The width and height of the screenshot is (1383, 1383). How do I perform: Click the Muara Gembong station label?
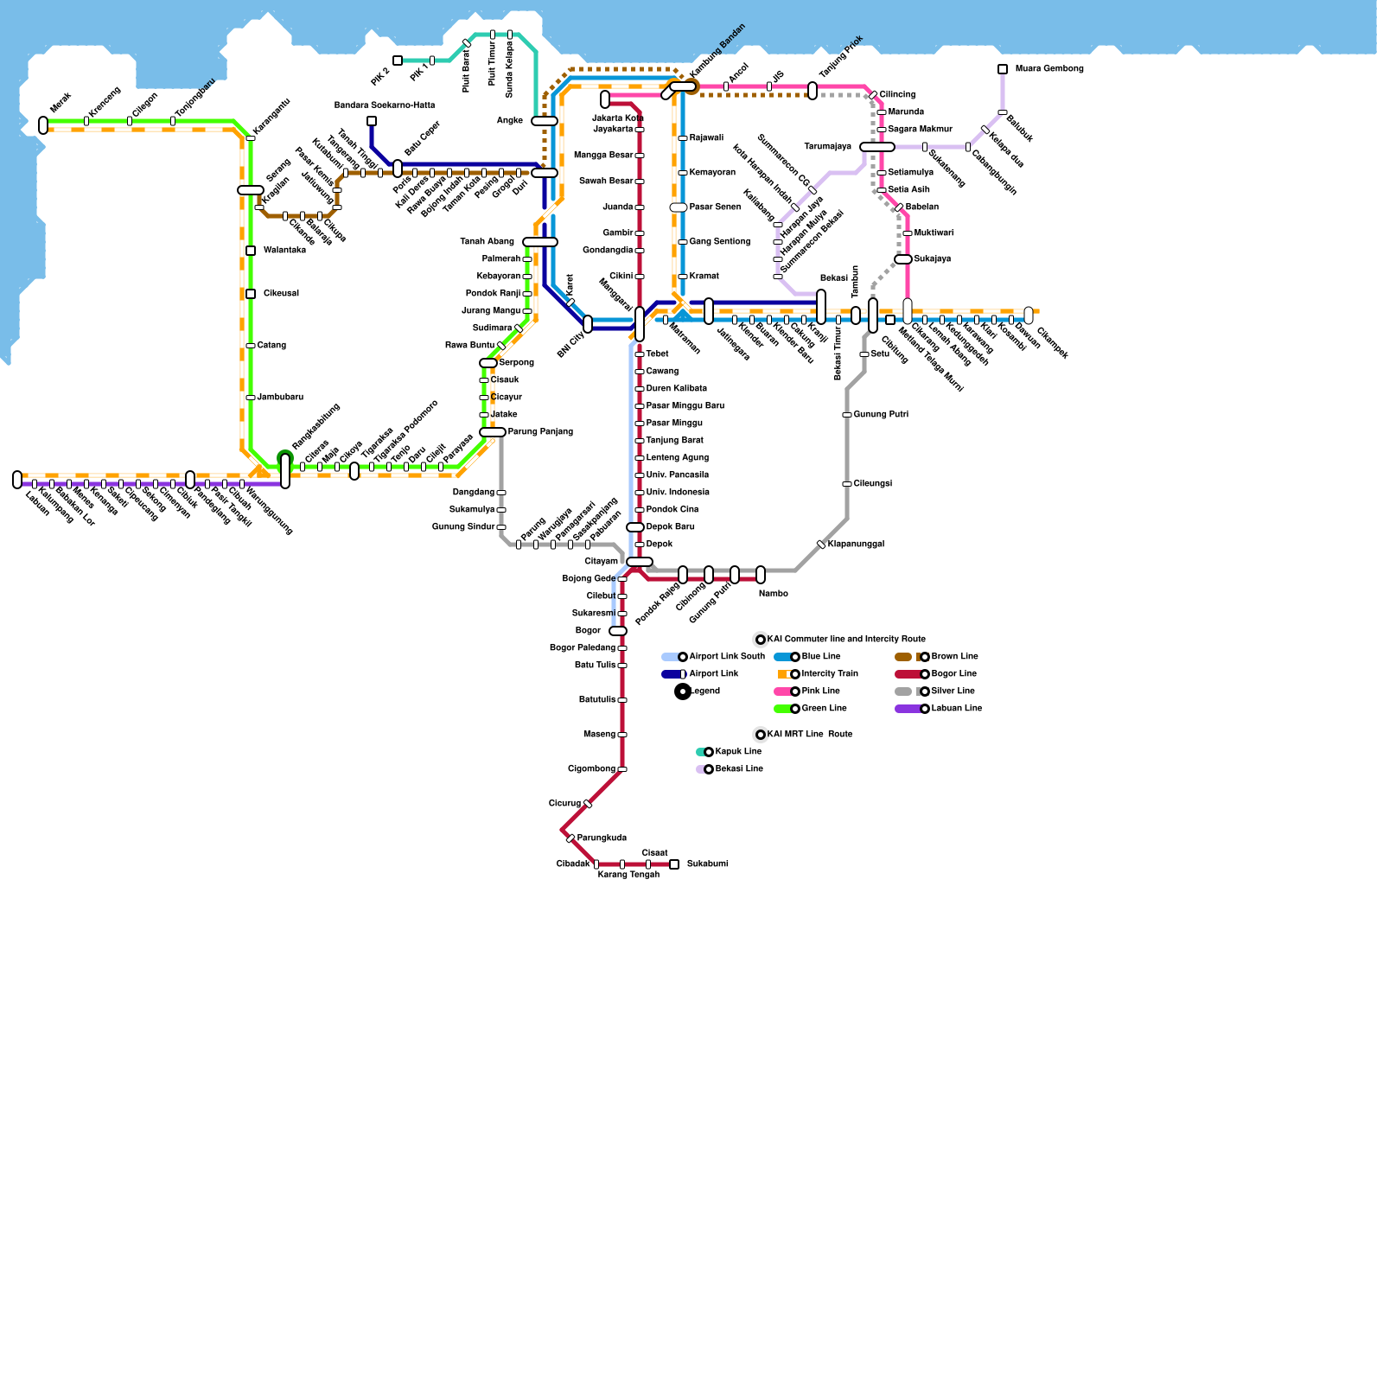coord(1048,69)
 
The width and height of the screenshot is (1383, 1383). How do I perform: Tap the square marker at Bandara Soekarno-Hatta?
coord(372,121)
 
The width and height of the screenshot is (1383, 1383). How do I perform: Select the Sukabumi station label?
coord(707,864)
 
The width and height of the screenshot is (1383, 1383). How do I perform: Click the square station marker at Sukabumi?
coord(674,864)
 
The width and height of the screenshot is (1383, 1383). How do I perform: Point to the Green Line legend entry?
coord(824,709)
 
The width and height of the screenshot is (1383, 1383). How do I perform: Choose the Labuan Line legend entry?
coord(956,709)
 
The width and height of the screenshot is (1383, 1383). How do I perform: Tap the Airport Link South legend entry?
coord(726,657)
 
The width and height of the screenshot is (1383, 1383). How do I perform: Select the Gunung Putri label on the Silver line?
coord(880,415)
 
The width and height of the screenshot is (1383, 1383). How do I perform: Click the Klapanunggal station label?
coord(855,545)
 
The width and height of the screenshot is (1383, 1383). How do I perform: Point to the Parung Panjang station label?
coord(539,432)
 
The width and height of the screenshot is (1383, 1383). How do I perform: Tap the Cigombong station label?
coord(591,769)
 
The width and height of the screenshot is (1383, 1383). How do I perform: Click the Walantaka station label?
coord(284,251)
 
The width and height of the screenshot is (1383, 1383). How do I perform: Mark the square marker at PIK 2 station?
coord(398,61)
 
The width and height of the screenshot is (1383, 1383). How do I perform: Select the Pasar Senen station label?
coord(715,207)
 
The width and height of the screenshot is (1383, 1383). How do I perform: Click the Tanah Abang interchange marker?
coord(540,242)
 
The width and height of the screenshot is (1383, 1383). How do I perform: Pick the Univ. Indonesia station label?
coord(678,493)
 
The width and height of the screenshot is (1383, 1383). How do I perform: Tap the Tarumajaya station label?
coord(827,147)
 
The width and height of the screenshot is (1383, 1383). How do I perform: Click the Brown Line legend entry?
coord(954,657)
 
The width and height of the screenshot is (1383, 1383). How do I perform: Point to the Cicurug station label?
coord(564,804)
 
